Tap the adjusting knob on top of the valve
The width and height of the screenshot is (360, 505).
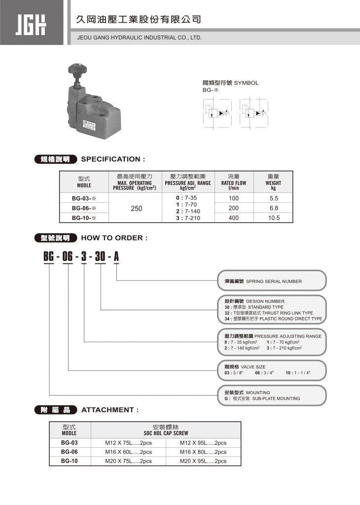78,68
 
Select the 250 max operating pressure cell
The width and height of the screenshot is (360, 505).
137,209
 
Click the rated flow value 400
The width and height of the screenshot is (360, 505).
233,217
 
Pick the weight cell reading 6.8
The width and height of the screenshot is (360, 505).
273,208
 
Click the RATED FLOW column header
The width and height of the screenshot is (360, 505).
233,182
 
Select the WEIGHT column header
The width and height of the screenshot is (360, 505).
273,182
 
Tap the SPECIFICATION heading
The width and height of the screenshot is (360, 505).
113,159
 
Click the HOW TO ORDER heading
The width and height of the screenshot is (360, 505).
114,238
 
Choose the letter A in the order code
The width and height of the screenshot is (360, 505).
116,256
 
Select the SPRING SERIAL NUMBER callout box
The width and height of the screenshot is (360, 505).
272,281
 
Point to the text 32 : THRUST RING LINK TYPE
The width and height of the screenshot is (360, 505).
269,313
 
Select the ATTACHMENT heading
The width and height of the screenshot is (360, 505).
110,410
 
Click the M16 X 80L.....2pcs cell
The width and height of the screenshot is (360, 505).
203,452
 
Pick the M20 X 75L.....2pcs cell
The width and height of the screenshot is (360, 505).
128,461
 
